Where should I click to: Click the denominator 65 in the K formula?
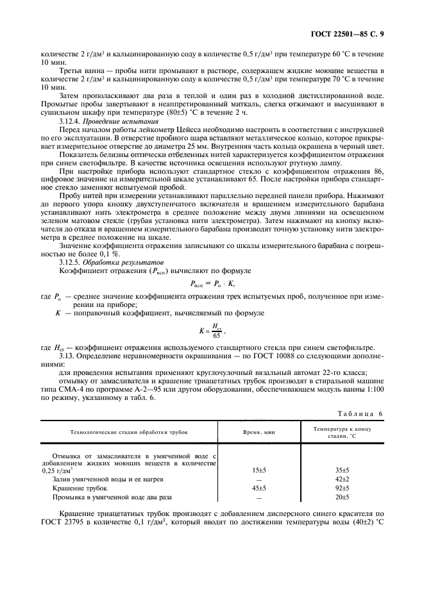[x=216, y=335]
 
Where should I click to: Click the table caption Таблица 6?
[x=361, y=413]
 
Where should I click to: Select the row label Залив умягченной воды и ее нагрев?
[x=103, y=479]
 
